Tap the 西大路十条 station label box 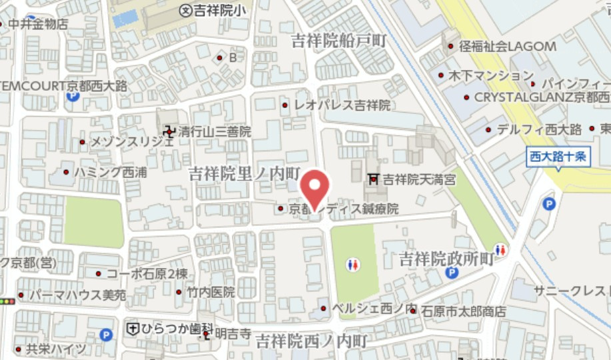[557, 157]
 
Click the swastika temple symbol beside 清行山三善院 [169, 131]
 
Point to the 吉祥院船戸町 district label [338, 41]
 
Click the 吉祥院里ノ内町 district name [245, 173]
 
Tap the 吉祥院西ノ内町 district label [312, 341]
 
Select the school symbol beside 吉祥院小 [186, 9]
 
